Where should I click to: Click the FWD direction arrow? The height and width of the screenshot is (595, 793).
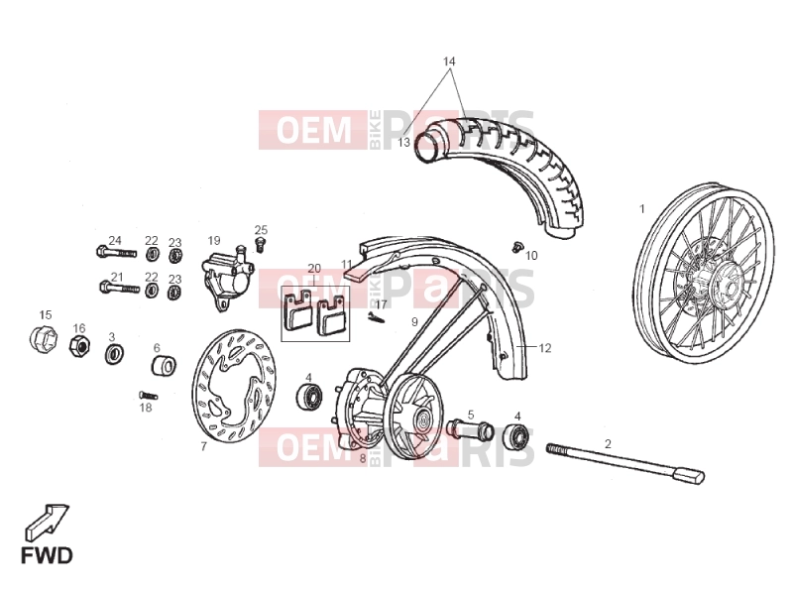click(x=47, y=522)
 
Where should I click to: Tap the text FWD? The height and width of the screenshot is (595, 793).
click(x=47, y=555)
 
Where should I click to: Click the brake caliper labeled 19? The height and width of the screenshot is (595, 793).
click(x=227, y=277)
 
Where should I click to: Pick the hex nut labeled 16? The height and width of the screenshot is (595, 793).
click(x=79, y=346)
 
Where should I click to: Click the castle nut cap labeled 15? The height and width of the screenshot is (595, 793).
click(x=43, y=338)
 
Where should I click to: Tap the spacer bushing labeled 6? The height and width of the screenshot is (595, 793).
click(x=164, y=366)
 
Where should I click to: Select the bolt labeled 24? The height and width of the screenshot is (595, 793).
click(x=116, y=252)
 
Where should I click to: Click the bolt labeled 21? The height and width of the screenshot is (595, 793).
click(x=119, y=288)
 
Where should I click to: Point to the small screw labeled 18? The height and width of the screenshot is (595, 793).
click(x=148, y=395)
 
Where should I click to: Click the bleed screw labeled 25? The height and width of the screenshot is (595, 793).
click(x=261, y=244)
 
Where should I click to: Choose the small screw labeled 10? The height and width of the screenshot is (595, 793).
click(x=516, y=246)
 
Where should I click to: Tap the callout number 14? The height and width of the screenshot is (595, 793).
click(x=449, y=61)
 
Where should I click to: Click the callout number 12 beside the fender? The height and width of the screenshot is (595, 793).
click(x=544, y=348)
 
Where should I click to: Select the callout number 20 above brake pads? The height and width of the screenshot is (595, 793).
click(x=314, y=268)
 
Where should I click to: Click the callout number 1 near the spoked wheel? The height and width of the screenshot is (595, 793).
click(x=642, y=208)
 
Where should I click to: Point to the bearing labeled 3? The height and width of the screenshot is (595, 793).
click(x=115, y=353)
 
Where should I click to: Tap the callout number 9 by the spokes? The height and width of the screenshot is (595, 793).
click(x=414, y=321)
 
